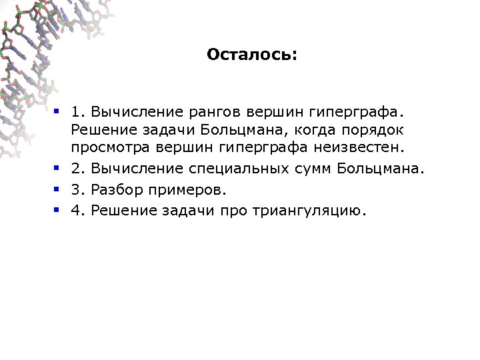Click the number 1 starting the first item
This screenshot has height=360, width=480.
(x=77, y=108)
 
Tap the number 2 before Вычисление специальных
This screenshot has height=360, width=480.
(x=77, y=169)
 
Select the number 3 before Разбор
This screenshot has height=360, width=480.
(x=77, y=190)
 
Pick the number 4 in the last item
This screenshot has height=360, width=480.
(x=77, y=211)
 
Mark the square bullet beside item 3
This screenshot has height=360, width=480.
(x=58, y=190)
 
